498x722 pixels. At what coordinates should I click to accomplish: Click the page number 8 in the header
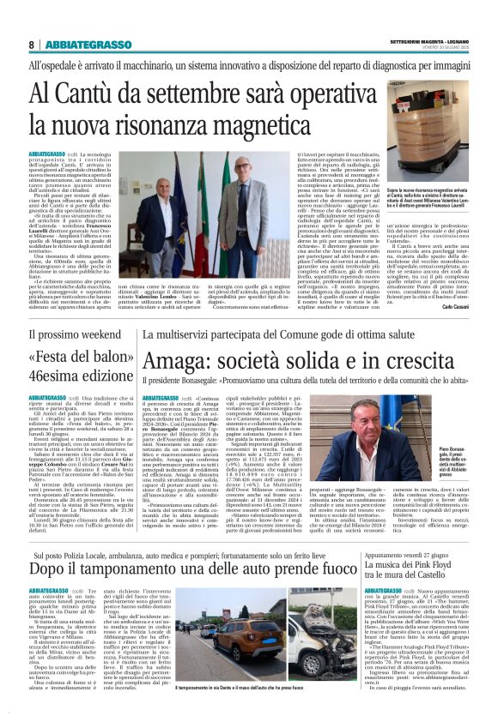pos(32,45)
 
